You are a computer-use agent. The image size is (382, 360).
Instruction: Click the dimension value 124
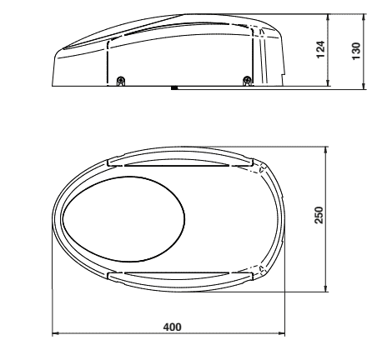[337, 49]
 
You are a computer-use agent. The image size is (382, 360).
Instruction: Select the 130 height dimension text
[359, 49]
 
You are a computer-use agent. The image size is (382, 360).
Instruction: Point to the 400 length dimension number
[171, 326]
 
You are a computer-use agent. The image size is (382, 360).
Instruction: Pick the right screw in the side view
[246, 80]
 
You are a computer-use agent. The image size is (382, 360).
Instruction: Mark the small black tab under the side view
[173, 87]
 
